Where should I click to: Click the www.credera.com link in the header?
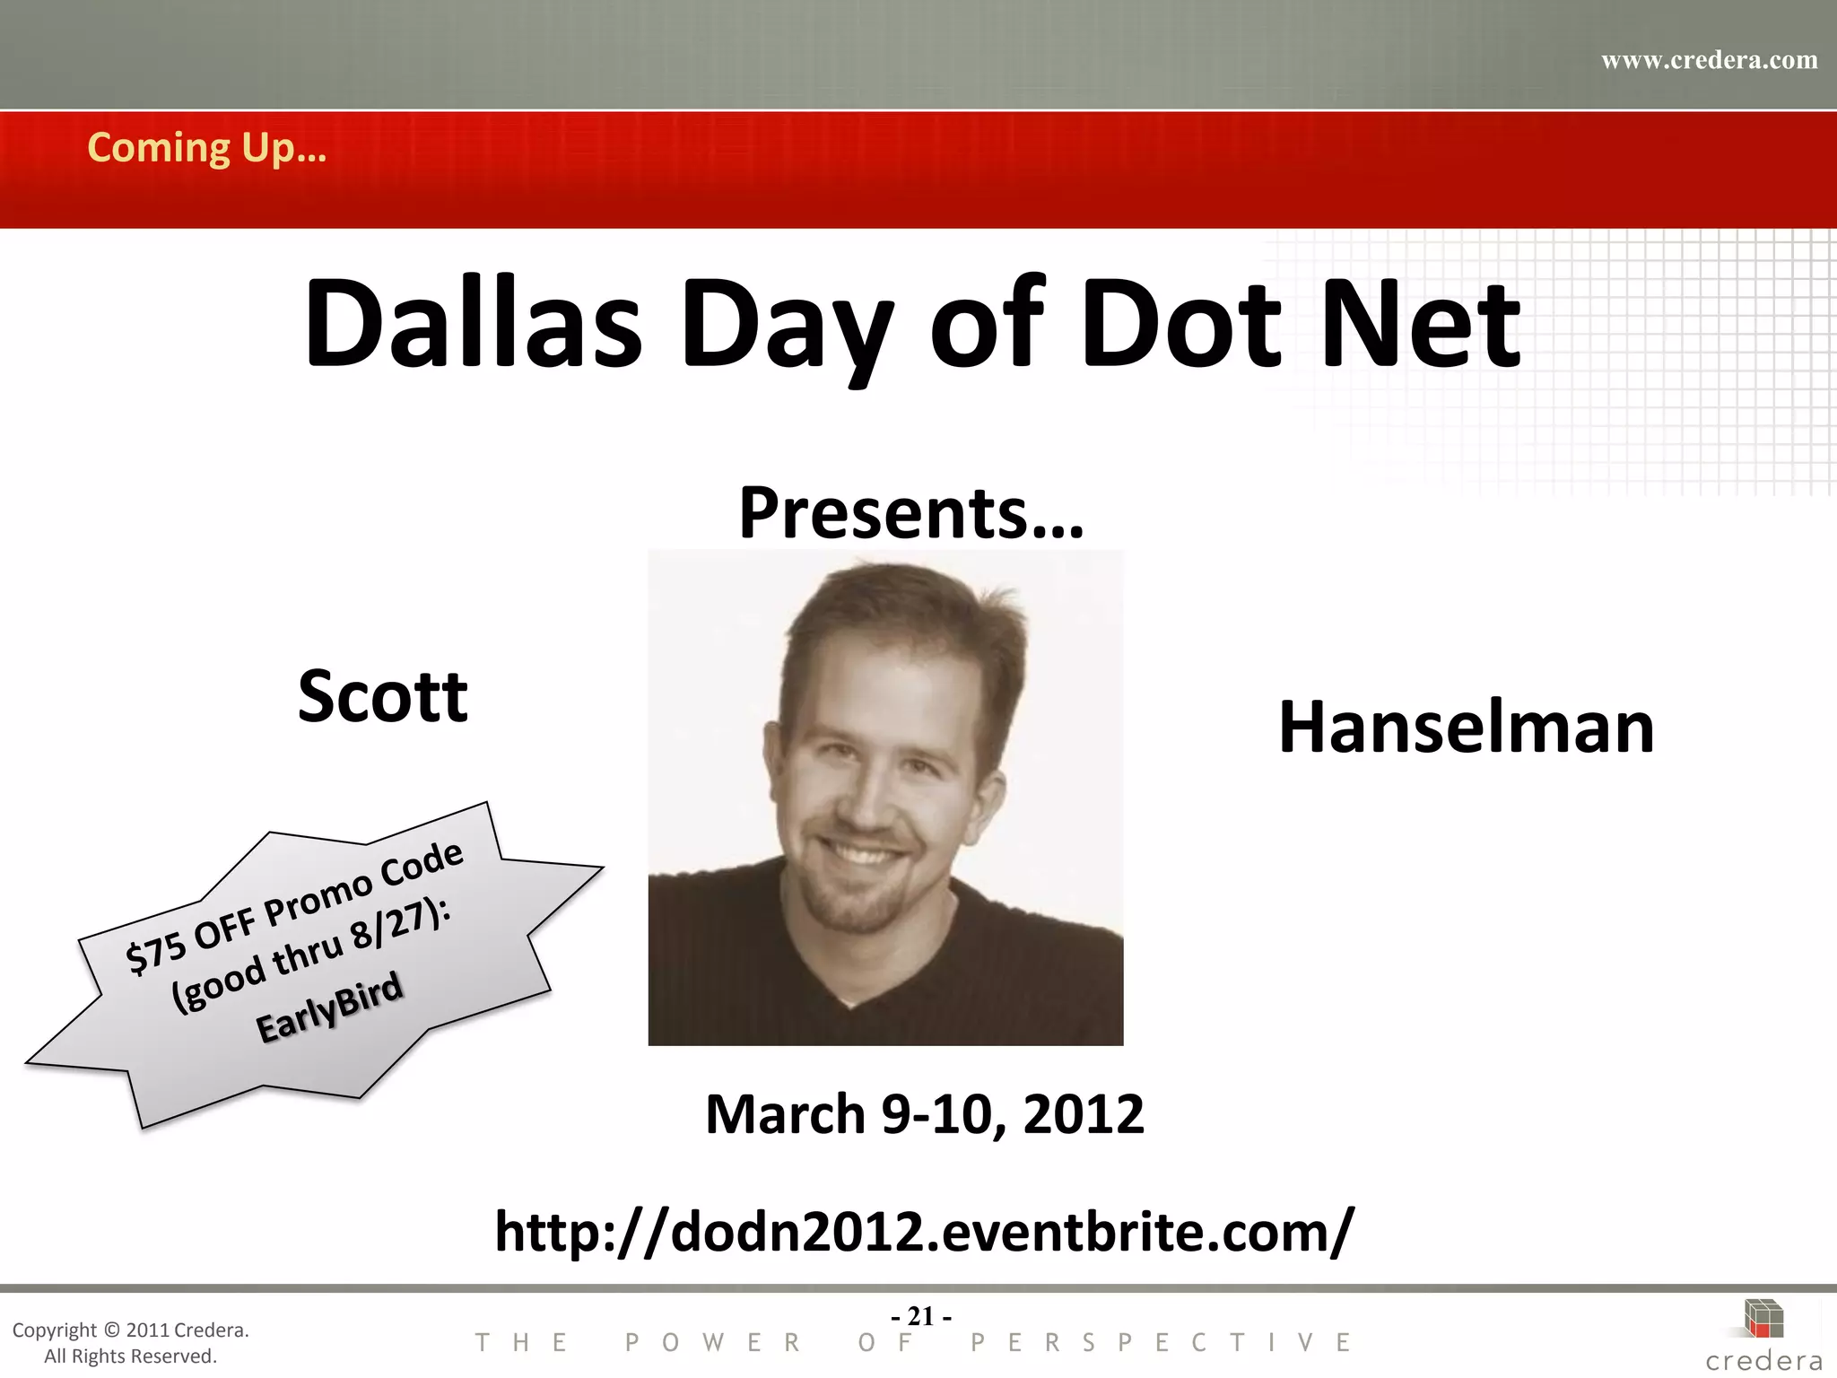[x=1709, y=60]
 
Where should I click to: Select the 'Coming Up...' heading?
[x=206, y=148]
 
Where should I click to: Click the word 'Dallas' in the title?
[x=473, y=325]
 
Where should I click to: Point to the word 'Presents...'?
[x=911, y=513]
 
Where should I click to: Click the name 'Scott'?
[x=383, y=696]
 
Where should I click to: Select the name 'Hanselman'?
[x=1466, y=728]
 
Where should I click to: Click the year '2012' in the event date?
[x=1083, y=1114]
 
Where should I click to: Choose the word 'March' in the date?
[x=786, y=1114]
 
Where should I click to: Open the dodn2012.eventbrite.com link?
[x=924, y=1232]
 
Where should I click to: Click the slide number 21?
[x=921, y=1316]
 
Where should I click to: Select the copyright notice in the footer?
[x=131, y=1342]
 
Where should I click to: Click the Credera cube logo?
[x=1763, y=1319]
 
